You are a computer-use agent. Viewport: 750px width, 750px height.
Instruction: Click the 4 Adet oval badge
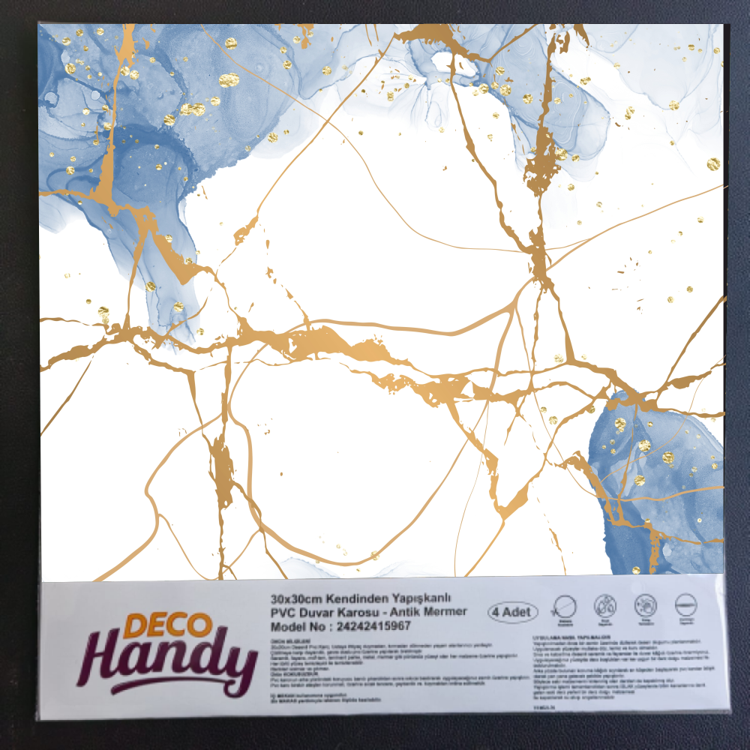(512, 611)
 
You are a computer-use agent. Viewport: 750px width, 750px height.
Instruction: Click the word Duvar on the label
(314, 611)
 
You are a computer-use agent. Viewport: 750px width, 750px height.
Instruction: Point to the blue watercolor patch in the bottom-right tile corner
(660, 487)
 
